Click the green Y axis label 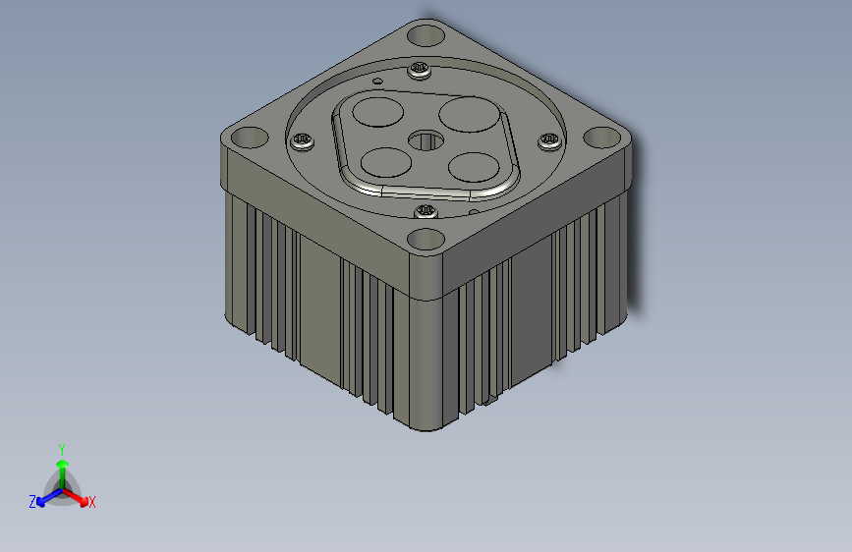click(62, 448)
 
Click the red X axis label click(92, 503)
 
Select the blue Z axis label click(32, 502)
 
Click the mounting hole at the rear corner click(426, 36)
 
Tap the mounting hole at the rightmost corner click(599, 139)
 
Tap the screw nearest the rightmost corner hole click(548, 141)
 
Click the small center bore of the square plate click(426, 140)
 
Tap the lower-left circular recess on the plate click(381, 159)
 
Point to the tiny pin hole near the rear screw click(376, 79)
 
